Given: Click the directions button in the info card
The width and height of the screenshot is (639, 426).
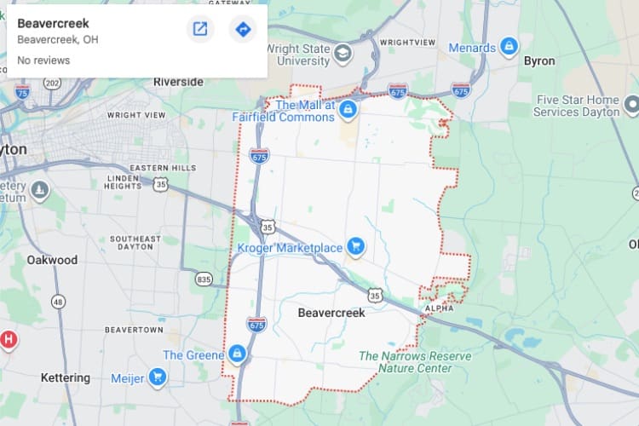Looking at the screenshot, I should coord(243,30).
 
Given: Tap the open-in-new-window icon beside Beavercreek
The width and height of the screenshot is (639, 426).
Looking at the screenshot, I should coord(200,30).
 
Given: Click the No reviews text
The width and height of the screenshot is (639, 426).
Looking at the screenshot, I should coord(43,60).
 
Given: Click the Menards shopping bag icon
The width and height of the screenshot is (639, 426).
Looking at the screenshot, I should coord(509,45).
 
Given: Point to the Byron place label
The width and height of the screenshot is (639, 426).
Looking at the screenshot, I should coord(539,61).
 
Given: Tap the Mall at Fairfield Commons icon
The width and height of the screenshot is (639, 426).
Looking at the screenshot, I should coord(348,110).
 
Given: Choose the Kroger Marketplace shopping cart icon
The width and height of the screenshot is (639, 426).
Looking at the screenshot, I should coord(357,247).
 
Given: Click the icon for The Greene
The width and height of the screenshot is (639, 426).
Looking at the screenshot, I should coord(238,354).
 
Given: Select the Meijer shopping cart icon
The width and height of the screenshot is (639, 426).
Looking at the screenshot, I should coord(157,377).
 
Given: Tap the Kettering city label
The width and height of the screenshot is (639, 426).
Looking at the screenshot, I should coord(66,377).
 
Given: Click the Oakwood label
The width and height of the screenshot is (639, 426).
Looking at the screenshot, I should coord(52,260).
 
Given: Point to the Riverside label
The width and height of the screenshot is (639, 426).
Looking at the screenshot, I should coord(178,82).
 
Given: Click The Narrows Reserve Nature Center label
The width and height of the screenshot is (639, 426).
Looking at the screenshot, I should coord(406,362).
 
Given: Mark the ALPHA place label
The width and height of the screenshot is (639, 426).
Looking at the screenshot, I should coord(440,308).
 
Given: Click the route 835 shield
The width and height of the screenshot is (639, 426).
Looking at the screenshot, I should coord(204,279).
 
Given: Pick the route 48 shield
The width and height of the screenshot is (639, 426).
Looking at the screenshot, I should coord(58,302).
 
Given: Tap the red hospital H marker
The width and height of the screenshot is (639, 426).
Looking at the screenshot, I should coord(9,340).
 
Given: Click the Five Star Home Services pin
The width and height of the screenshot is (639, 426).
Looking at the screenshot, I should coord(632,106).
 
